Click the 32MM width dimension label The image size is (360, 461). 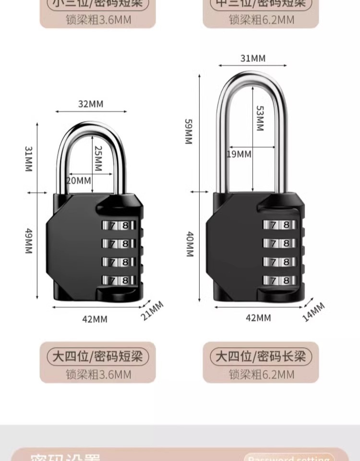(91, 104)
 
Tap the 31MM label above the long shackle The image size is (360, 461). (252, 59)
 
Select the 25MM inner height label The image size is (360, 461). (98, 159)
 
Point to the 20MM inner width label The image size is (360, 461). (78, 181)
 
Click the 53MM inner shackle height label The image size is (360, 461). (259, 118)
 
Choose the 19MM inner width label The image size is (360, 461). (239, 154)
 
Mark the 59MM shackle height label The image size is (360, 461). (188, 131)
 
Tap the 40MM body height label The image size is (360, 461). (189, 244)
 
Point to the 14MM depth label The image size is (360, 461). (314, 312)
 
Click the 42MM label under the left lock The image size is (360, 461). (95, 319)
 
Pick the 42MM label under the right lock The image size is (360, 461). (258, 317)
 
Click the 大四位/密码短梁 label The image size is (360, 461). (97, 356)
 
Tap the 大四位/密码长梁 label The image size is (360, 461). (261, 356)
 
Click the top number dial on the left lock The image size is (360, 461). (115, 225)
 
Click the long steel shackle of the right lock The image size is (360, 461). (222, 144)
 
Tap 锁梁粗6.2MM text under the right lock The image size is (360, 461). (261, 375)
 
